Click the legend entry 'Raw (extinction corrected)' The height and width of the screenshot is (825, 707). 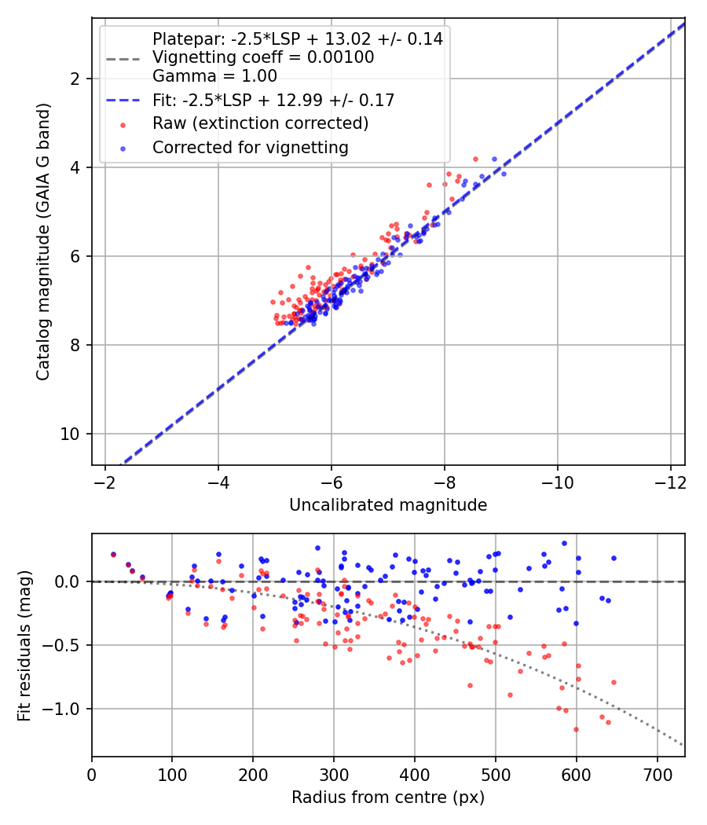[x=260, y=123]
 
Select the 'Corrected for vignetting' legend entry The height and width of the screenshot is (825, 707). [x=251, y=147]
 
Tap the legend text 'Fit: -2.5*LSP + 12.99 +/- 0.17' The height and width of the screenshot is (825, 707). [x=273, y=100]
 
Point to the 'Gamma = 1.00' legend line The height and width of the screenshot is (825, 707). [x=214, y=76]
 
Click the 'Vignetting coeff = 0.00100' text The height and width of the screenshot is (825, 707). [x=263, y=57]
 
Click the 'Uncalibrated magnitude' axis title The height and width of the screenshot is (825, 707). [x=388, y=505]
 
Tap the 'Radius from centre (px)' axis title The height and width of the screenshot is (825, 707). [x=388, y=797]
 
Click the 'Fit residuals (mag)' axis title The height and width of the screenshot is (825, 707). [x=24, y=645]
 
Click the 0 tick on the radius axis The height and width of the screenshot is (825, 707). [x=92, y=774]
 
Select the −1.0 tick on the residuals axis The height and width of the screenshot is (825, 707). [x=67, y=709]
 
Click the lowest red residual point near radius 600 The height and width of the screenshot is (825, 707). [x=576, y=729]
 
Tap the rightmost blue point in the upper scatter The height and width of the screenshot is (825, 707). [x=504, y=174]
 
